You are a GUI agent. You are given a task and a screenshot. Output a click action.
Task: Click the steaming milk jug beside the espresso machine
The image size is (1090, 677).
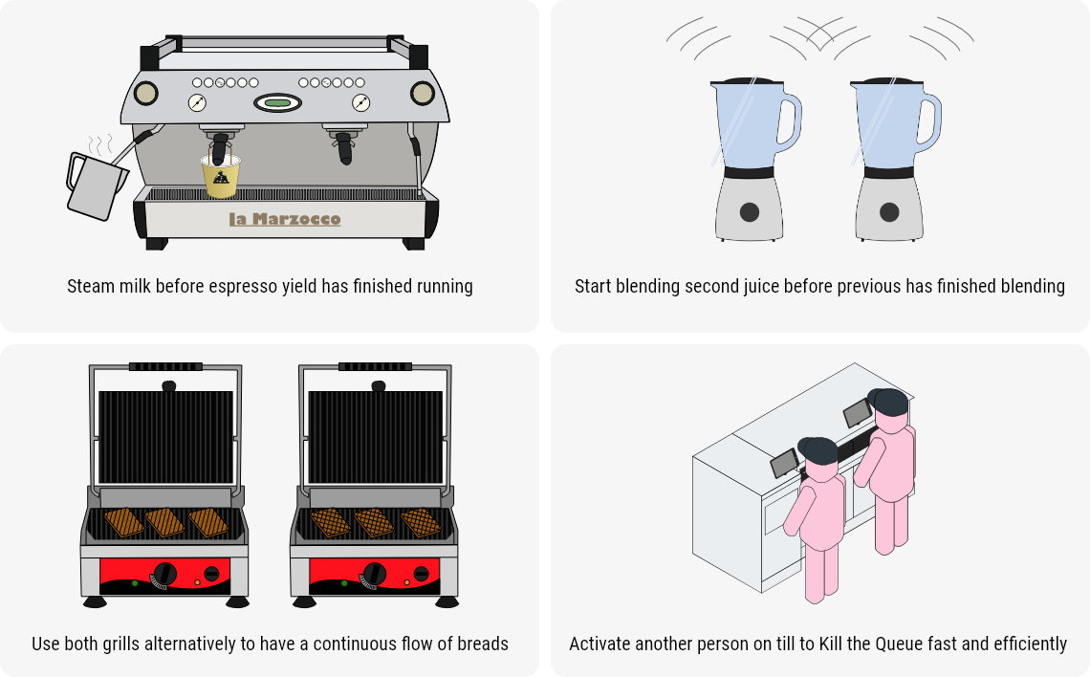94,186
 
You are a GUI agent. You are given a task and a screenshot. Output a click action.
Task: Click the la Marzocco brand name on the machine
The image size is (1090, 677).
285,219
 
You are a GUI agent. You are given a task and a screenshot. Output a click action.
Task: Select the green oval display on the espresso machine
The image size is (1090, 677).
277,102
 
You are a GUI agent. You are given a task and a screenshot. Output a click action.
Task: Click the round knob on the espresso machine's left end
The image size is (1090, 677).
145,93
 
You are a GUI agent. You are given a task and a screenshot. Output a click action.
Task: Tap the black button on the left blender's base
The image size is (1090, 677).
750,211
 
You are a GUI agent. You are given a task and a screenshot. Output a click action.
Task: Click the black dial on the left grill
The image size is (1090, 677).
165,573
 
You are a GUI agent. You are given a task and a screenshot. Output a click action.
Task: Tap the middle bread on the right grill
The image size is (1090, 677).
374,522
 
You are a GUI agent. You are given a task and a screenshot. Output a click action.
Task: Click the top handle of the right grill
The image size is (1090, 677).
375,366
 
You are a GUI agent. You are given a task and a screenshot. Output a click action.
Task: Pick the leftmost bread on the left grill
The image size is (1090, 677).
122,522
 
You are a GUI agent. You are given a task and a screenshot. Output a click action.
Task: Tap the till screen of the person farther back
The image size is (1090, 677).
856,413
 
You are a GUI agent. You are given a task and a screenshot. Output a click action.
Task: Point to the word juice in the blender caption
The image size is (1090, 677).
752,286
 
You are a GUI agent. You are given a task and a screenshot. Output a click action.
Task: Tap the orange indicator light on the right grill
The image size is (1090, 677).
407,581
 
